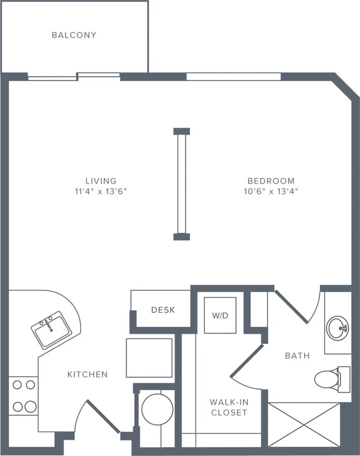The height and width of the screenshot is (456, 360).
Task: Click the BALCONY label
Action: coord(74,35)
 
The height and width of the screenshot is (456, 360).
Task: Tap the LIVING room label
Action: coord(101,181)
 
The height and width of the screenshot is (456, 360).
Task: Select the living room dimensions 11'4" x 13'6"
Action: coord(101,191)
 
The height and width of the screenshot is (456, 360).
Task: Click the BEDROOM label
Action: coord(271,181)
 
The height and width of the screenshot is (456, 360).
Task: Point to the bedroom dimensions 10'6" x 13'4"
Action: coord(271,191)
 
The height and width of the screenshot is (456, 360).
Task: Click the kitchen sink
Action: coord(51,330)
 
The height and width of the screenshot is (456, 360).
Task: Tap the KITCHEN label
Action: coord(88,374)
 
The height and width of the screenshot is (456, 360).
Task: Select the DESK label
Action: coord(163,310)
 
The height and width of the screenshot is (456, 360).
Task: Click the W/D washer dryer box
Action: coord(220,315)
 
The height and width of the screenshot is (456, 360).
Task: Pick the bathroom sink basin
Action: coord(337,328)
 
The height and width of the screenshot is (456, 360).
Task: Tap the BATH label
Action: coord(298,356)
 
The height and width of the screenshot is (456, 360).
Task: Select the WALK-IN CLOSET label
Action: coord(229,407)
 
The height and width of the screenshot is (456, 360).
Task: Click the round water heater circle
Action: coord(157,409)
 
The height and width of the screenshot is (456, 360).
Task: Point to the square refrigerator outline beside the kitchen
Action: coord(149,358)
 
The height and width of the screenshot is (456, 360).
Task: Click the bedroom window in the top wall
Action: coord(234,77)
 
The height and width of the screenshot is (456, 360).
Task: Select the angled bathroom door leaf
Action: coord(291,306)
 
